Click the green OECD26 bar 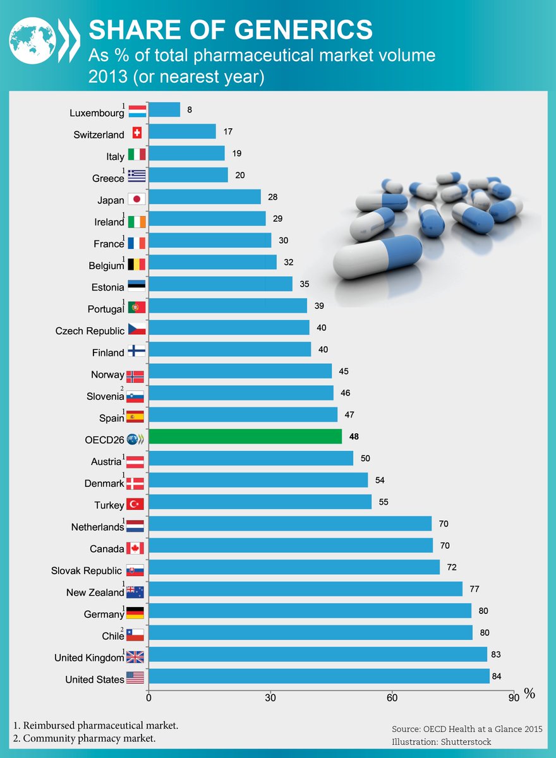245,436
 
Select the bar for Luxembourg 164,110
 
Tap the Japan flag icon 136,198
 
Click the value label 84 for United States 497,677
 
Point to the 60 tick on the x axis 392,697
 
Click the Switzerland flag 136,133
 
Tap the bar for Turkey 260,502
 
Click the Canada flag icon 135,548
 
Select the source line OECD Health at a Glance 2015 466,729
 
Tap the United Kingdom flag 135,657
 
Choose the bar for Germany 310,611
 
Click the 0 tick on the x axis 149,697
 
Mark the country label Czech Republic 91,331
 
